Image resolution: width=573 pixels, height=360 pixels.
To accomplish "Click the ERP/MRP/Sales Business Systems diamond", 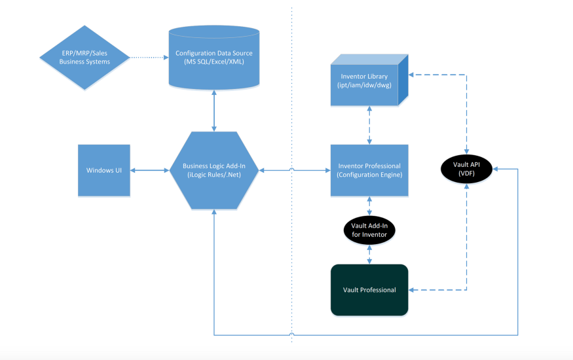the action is point(84,58).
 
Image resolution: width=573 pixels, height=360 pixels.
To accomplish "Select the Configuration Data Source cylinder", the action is point(214,58).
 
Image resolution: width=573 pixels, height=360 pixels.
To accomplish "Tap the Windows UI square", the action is point(104,170).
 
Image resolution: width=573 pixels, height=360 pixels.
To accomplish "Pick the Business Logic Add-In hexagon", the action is point(214,170).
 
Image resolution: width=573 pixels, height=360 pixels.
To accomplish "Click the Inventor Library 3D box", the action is point(369,81).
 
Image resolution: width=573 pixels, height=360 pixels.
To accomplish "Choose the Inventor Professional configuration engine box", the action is point(369,170).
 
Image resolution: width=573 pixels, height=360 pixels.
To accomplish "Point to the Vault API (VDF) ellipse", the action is point(467,169).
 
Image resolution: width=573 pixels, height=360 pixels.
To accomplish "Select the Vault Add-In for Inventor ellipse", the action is point(369,230).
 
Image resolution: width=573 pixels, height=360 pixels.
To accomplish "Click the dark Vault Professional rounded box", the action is point(369,290).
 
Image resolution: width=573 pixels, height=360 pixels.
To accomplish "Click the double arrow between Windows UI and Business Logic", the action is point(149,170).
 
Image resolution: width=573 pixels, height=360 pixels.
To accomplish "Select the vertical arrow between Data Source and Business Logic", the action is point(214,111).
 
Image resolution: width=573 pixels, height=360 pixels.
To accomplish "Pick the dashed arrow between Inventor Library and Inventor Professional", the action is point(369,125).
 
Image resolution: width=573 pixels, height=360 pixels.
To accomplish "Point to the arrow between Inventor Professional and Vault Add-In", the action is point(369,206).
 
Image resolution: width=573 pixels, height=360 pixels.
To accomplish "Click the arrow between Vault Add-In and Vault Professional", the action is point(369,255).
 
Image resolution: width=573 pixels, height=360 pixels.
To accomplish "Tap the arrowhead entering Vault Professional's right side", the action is point(411,290).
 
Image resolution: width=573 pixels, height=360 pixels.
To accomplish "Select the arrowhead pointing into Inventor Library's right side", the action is point(411,75).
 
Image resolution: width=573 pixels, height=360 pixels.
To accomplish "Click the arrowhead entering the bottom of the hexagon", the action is point(214,212).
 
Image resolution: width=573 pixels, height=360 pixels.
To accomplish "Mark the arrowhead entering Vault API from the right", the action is point(495,169).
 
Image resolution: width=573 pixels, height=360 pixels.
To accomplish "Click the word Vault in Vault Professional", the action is point(350,290).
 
